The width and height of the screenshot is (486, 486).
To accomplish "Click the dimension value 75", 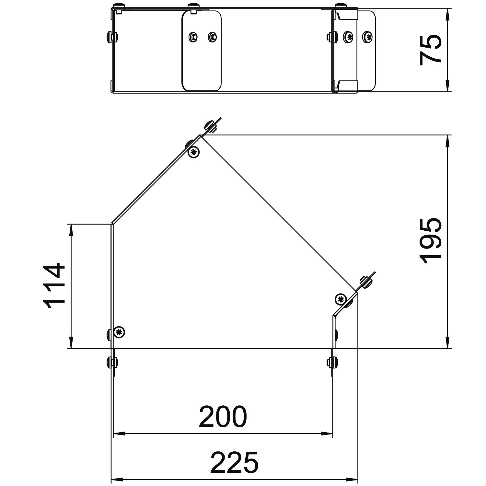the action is click(x=430, y=50).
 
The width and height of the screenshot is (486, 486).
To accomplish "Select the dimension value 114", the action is click(x=54, y=286).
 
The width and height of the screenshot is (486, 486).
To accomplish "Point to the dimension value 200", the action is click(x=223, y=417).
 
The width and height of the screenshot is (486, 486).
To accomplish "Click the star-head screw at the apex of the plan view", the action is click(x=193, y=152).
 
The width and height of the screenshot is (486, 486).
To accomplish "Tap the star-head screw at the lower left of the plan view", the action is click(x=120, y=331).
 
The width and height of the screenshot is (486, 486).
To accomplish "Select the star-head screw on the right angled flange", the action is click(x=340, y=299).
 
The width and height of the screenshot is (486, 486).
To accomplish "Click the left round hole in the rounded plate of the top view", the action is click(x=193, y=36).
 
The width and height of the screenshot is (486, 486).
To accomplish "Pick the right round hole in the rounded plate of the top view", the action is click(x=212, y=36).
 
